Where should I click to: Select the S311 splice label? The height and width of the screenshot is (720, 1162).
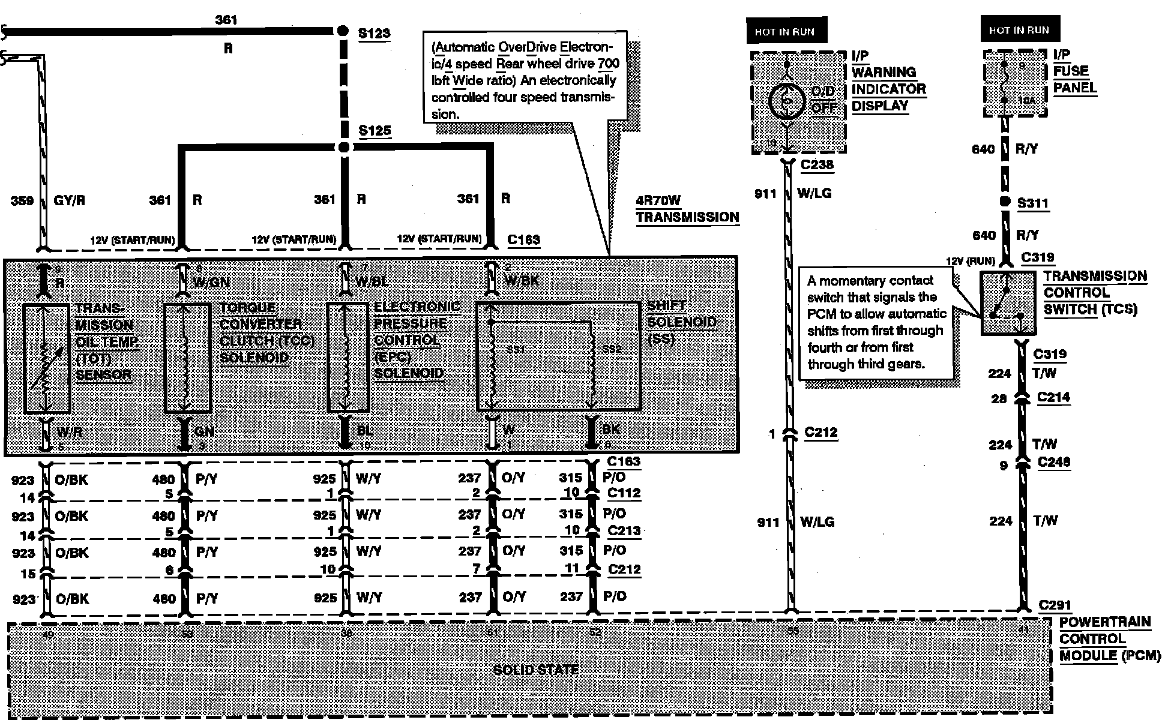1032,203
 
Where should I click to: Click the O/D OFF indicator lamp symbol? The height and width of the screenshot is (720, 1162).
785,101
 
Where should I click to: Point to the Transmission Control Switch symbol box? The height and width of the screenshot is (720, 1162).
1008,303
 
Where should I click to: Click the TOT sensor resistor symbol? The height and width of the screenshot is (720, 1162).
47,359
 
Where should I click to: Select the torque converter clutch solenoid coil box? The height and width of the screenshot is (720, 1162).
187,358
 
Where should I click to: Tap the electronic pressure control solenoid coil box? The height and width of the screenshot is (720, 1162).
348,358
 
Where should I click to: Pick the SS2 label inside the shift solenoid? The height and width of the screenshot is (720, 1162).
612,349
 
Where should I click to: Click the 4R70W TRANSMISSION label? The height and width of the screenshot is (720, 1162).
687,209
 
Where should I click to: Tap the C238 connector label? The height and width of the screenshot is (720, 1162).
817,164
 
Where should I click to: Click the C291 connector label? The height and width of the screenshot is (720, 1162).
1055,605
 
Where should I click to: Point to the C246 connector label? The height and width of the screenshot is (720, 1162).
1053,462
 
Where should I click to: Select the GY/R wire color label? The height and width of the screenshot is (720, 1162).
70,200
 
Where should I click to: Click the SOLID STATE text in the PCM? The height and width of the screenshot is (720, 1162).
535,670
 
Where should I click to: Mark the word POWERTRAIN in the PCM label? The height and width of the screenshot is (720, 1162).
1104,622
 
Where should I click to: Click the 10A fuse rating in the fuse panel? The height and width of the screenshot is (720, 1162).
1026,101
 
